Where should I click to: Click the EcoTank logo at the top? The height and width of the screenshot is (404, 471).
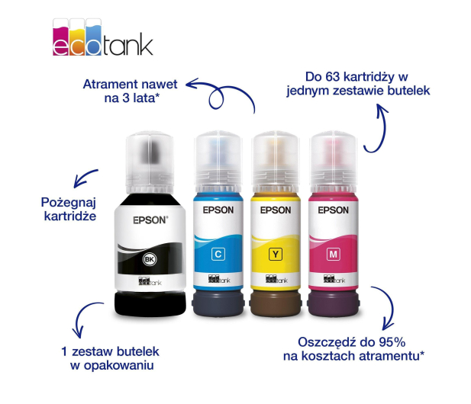click(x=103, y=37)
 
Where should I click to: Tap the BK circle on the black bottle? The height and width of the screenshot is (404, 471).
click(x=150, y=259)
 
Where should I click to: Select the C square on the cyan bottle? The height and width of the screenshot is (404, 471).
click(x=218, y=255)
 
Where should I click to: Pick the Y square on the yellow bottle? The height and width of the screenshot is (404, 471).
click(x=276, y=255)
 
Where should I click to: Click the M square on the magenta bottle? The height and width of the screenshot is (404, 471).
click(x=333, y=255)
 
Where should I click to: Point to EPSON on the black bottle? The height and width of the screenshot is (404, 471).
click(x=150, y=220)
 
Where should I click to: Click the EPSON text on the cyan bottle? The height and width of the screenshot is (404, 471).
click(x=218, y=210)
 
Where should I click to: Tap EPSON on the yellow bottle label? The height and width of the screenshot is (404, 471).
click(x=276, y=210)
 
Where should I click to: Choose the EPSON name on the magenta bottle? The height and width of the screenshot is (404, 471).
click(x=333, y=210)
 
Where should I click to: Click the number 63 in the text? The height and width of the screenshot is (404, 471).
click(x=333, y=77)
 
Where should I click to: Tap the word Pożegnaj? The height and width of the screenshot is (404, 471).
click(x=69, y=203)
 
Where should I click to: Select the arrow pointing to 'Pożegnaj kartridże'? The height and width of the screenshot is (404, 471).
click(x=85, y=178)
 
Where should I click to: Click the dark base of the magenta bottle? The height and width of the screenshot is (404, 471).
click(x=334, y=303)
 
